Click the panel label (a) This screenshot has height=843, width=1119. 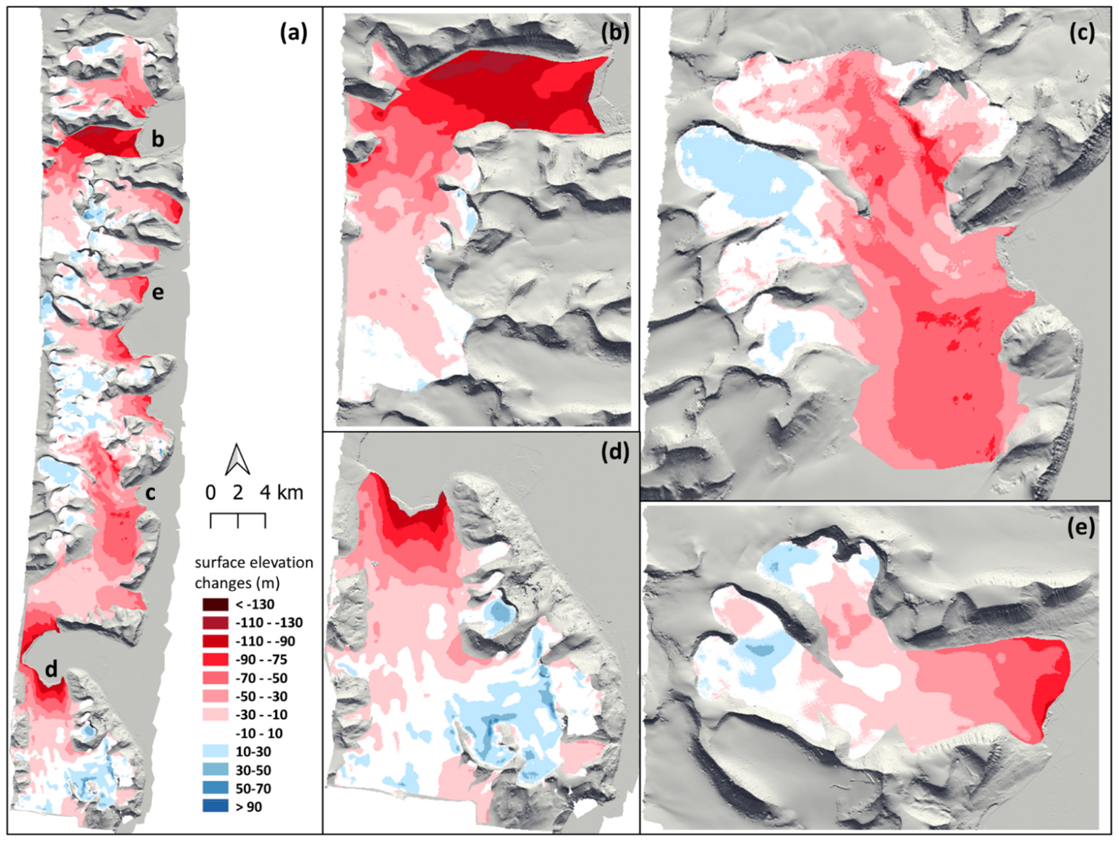[293, 32]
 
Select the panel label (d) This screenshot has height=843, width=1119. [615, 451]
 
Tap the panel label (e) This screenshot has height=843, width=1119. [1081, 527]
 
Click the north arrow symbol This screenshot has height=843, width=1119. [237, 459]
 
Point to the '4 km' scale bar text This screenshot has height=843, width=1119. [281, 492]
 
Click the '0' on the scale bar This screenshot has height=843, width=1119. [211, 492]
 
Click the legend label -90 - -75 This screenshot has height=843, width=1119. [261, 659]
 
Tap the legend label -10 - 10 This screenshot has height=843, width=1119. [259, 733]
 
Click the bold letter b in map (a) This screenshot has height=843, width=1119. [157, 139]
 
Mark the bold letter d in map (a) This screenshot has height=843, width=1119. [51, 669]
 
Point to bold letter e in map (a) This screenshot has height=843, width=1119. [157, 292]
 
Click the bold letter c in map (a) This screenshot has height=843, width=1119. [150, 493]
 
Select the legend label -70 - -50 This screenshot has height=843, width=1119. [261, 678]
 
